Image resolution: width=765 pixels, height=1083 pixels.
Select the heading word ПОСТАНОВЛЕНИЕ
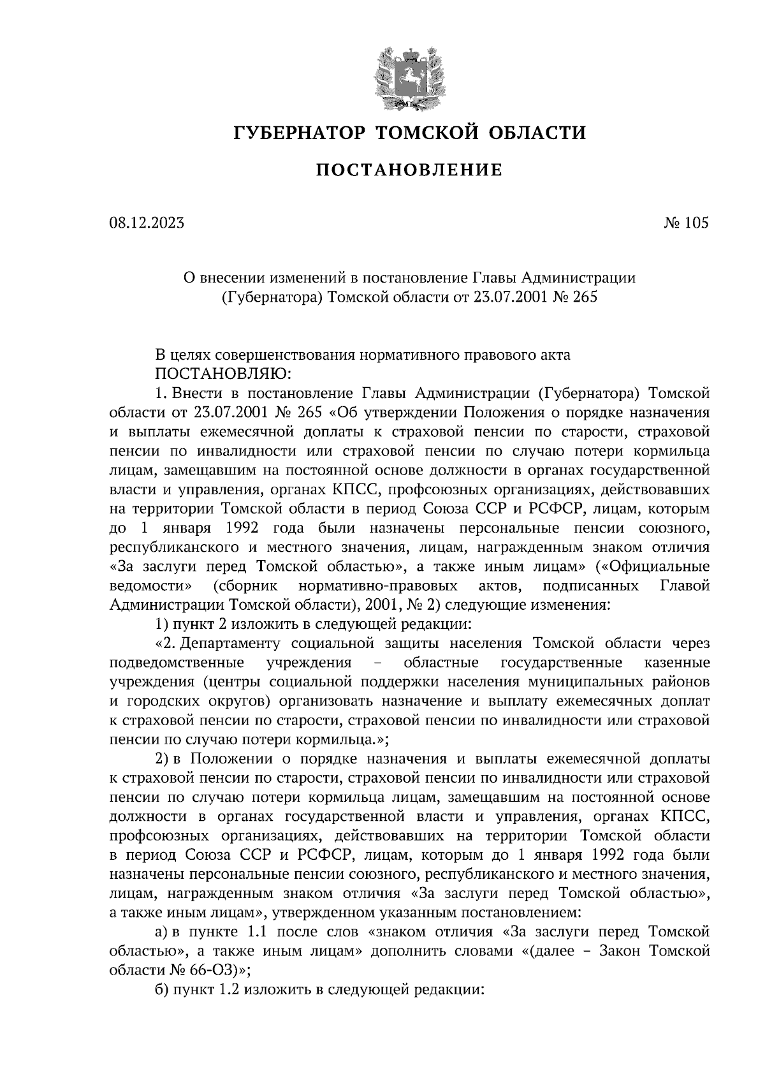tap(409, 170)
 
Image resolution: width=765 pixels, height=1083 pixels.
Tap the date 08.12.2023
tap(146, 223)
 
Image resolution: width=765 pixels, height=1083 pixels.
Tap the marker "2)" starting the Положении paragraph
tap(162, 760)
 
